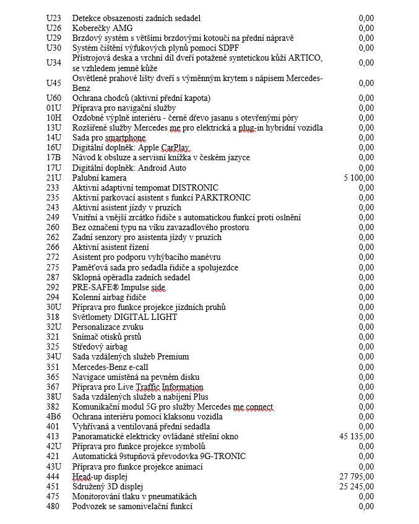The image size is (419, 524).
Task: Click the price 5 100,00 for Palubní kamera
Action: [x=359, y=178]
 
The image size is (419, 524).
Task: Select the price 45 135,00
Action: [x=356, y=436]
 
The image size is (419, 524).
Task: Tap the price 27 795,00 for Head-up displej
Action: [x=356, y=476]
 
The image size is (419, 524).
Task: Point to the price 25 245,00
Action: [x=356, y=486]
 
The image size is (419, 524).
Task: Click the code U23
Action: [x=54, y=19]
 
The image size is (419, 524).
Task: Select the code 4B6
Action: [x=54, y=416]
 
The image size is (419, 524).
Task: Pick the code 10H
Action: [x=54, y=118]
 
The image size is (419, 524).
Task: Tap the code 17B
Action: [x=54, y=158]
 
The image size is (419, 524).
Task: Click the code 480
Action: [x=53, y=506]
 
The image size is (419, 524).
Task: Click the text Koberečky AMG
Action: [x=102, y=28]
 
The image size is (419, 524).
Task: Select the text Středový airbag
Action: [x=100, y=346]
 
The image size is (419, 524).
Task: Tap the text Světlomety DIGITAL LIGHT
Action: [x=124, y=317]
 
